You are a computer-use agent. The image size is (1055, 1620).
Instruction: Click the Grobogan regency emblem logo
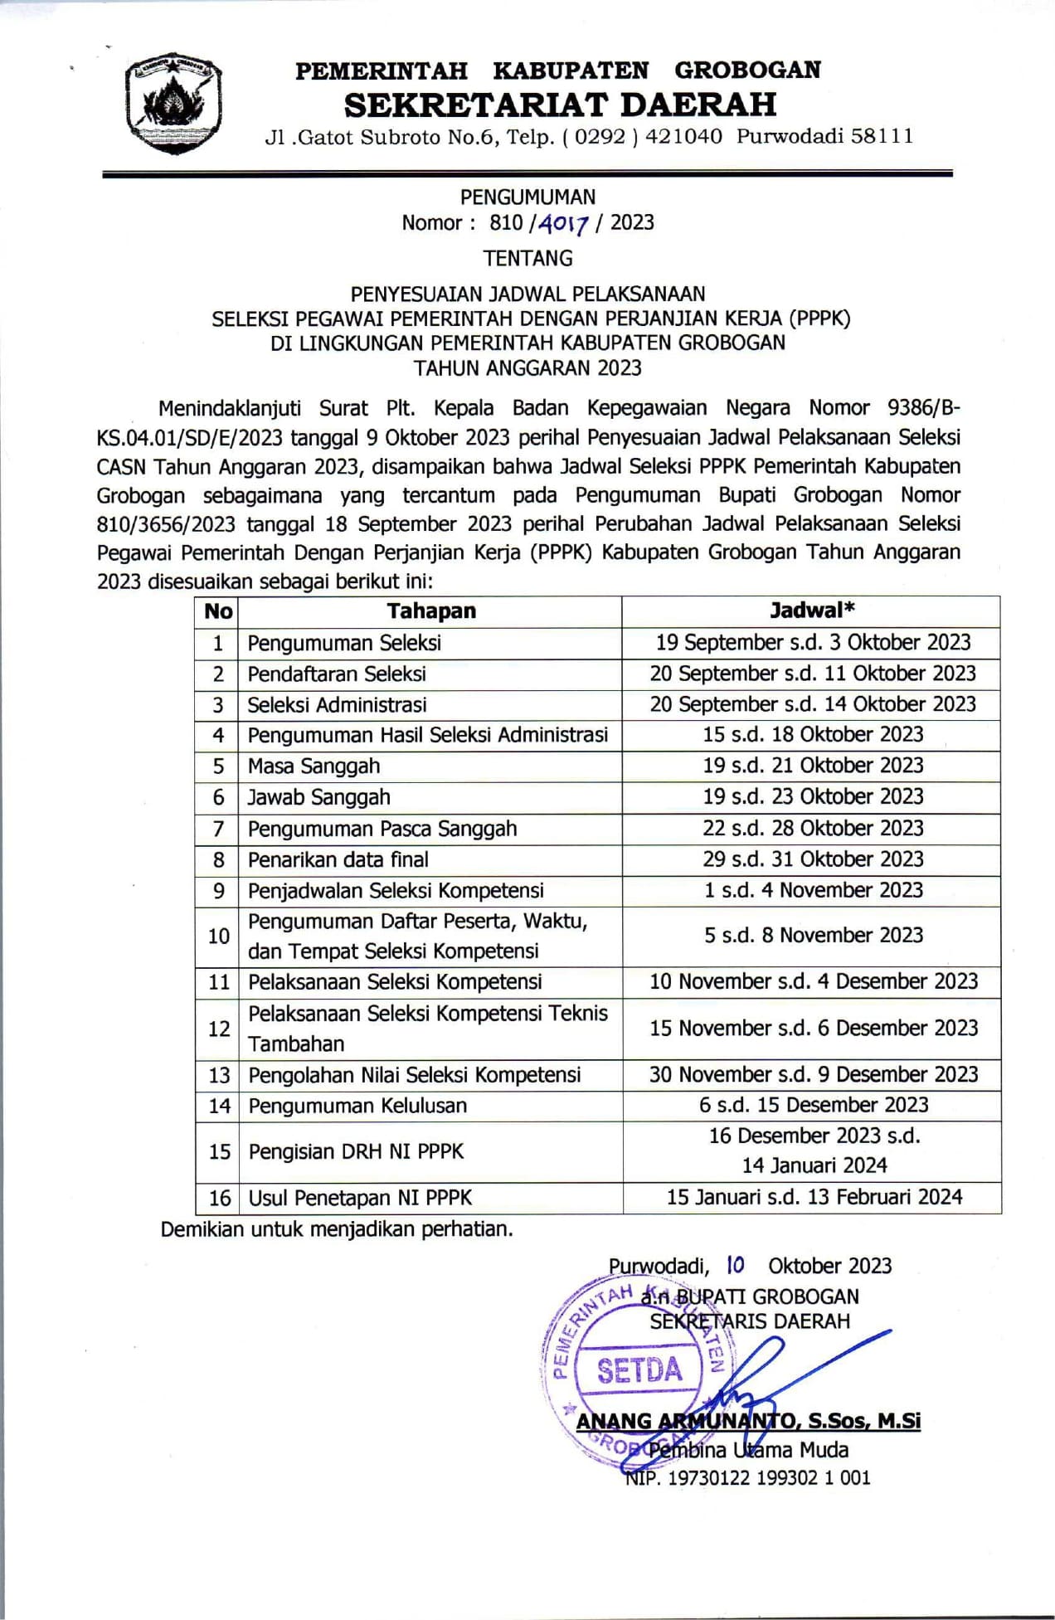point(173,105)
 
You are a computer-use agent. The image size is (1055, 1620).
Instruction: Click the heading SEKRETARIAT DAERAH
point(560,105)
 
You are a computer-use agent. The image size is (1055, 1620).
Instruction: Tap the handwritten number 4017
point(563,223)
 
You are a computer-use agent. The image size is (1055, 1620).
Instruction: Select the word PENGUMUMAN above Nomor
point(527,197)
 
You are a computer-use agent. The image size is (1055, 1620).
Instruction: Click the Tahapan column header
point(430,611)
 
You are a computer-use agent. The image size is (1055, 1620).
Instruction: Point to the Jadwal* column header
point(811,611)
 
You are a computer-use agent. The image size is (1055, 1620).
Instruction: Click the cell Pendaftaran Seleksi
point(337,674)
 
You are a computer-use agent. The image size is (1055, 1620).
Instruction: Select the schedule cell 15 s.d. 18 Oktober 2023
point(812,735)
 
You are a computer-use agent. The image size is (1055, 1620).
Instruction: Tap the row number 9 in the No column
point(218,891)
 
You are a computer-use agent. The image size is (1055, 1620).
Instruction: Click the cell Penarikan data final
point(338,859)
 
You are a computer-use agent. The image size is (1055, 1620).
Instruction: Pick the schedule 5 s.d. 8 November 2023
point(813,936)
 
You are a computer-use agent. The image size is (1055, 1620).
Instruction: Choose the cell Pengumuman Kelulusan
point(357,1106)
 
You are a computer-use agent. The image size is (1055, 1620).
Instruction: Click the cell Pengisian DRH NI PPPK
point(356,1151)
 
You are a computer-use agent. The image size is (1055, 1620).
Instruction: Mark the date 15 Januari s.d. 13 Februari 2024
point(814,1197)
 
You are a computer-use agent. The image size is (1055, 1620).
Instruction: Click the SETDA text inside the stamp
point(639,1371)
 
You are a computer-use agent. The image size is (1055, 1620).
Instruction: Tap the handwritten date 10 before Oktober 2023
point(735,1265)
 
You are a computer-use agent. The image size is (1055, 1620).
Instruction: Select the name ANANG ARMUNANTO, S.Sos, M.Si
point(748,1422)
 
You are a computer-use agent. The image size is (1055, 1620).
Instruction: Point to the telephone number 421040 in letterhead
point(683,136)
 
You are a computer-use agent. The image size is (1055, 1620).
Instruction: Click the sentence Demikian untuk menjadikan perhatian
point(337,1229)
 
